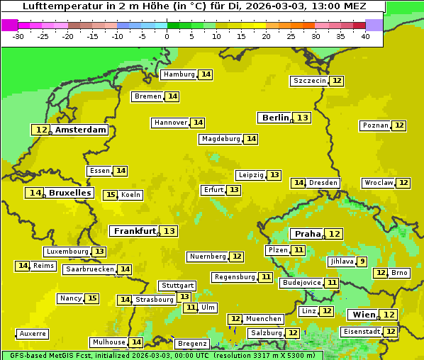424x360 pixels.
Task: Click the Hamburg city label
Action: click(x=179, y=74)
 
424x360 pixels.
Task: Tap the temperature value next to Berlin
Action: click(x=303, y=118)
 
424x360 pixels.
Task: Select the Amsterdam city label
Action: click(x=81, y=130)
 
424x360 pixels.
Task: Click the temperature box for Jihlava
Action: click(x=362, y=261)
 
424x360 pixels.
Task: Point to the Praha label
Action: click(x=308, y=234)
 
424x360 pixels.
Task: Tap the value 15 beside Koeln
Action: click(x=111, y=195)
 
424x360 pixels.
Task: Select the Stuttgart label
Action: click(x=177, y=286)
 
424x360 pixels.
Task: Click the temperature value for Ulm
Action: click(x=190, y=308)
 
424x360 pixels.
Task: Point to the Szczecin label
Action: click(x=309, y=81)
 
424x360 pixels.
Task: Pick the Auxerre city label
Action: click(x=33, y=334)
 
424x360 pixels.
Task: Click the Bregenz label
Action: click(x=191, y=344)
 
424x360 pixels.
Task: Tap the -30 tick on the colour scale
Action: click(x=18, y=36)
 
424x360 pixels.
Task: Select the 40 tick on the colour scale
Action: click(x=364, y=36)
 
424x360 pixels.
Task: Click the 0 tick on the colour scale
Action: click(x=167, y=36)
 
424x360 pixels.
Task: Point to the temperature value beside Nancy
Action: click(x=92, y=298)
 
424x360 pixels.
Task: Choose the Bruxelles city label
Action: click(x=69, y=193)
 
